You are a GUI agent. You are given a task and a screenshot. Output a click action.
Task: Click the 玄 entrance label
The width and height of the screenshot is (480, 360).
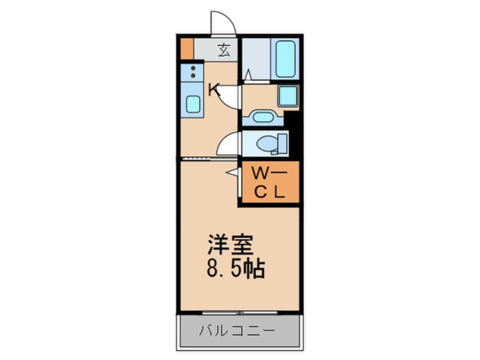[x=224, y=50]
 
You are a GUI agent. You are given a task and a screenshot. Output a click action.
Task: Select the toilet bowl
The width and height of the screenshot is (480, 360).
[x=266, y=144]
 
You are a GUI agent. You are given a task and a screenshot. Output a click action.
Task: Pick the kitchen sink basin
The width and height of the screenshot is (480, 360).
[x=193, y=105]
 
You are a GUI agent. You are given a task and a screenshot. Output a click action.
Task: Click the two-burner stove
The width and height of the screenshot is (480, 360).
[x=193, y=72]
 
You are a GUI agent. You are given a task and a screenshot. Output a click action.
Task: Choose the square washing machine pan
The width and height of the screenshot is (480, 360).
[x=288, y=96]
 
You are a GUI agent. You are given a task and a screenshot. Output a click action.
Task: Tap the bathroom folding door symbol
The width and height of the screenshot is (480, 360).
[x=248, y=74]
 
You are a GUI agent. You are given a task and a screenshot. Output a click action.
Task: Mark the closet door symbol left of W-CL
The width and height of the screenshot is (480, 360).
[x=233, y=171]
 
